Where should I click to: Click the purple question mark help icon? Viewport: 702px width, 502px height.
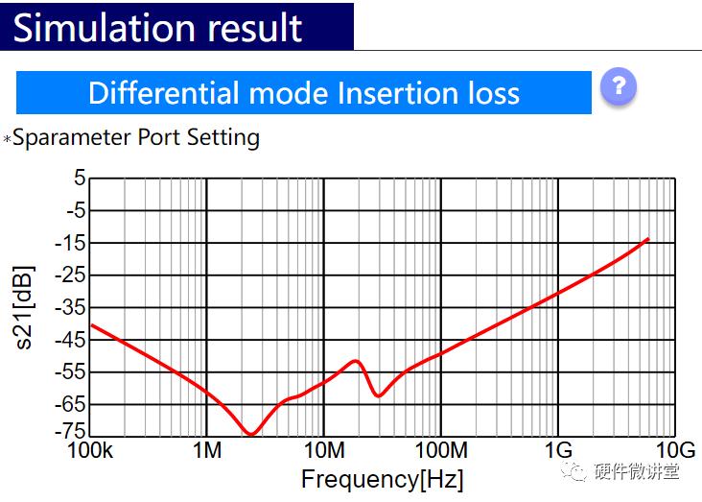pos(619,87)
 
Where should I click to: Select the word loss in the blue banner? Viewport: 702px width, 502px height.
pos(489,93)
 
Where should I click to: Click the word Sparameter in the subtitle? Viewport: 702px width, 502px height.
pos(72,137)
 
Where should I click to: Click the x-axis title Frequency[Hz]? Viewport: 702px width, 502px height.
pos(382,479)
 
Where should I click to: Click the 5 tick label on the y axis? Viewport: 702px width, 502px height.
pos(79,179)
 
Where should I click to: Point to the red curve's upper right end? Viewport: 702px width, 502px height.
pos(648,239)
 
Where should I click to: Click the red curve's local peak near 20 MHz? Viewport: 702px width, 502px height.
pos(357,361)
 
